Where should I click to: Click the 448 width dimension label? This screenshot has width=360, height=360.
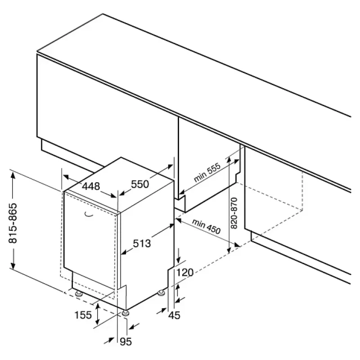(91, 186)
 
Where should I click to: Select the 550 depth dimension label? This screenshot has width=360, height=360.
(140, 184)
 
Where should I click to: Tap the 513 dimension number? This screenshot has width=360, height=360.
(142, 243)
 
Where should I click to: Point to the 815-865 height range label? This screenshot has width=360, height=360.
(13, 223)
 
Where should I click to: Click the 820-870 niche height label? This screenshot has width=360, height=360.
(234, 213)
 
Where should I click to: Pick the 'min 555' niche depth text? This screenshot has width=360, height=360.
(207, 172)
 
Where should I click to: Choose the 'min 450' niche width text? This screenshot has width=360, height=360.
(206, 226)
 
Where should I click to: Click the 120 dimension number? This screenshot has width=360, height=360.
(185, 272)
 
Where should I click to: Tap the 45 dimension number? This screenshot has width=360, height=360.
(174, 315)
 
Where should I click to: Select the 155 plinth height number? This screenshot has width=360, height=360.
(83, 315)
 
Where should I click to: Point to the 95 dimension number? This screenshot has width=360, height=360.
(126, 342)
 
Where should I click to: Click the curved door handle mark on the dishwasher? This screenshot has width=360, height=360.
(89, 215)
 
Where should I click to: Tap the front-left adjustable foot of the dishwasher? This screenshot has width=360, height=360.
(79, 293)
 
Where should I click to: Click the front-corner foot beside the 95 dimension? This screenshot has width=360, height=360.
(126, 313)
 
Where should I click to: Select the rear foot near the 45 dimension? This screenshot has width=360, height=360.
(161, 293)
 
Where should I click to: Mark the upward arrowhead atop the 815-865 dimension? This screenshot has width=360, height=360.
(13, 175)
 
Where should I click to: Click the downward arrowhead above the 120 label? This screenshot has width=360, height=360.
(178, 259)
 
